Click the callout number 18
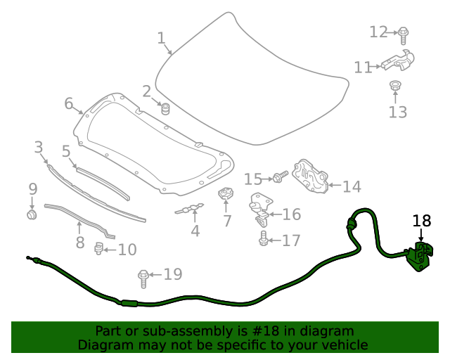[421, 221]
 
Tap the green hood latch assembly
[420, 256]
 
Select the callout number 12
[378, 32]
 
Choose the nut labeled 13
[396, 87]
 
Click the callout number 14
[352, 187]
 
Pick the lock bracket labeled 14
[310, 176]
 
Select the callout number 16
[291, 214]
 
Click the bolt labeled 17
[263, 240]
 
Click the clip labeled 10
[100, 248]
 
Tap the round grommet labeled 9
[32, 213]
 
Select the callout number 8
[80, 243]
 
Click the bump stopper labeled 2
[167, 109]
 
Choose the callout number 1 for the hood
[161, 37]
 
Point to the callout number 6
[68, 104]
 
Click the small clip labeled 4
[191, 208]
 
